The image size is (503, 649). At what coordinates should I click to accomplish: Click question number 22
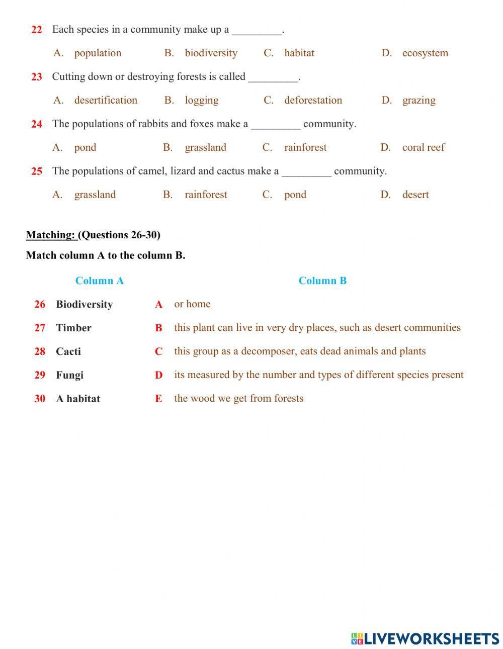37,30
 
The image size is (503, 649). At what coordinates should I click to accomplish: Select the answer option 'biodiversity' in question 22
211,53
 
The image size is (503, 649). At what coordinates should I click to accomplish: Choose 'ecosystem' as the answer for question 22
425,53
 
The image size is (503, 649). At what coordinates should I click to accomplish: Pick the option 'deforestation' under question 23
313,100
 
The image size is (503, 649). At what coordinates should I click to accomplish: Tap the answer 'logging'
201,100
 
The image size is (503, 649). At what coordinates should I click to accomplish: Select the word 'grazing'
418,100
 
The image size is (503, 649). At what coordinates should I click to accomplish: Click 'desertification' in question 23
106,100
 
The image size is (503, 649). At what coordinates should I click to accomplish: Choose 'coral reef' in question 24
423,147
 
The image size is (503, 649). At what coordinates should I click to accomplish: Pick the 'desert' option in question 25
415,195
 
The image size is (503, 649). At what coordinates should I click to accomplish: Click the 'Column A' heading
99,281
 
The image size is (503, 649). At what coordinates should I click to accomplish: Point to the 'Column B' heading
322,281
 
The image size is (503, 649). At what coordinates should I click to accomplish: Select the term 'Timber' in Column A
73,328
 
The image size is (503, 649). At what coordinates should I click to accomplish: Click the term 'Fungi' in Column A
69,375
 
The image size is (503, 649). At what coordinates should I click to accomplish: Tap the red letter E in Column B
158,399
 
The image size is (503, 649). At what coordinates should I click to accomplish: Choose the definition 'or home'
192,304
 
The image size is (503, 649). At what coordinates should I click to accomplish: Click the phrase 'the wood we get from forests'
238,398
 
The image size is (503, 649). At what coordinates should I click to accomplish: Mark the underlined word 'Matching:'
50,235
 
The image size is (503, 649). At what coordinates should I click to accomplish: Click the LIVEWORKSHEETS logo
425,638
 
